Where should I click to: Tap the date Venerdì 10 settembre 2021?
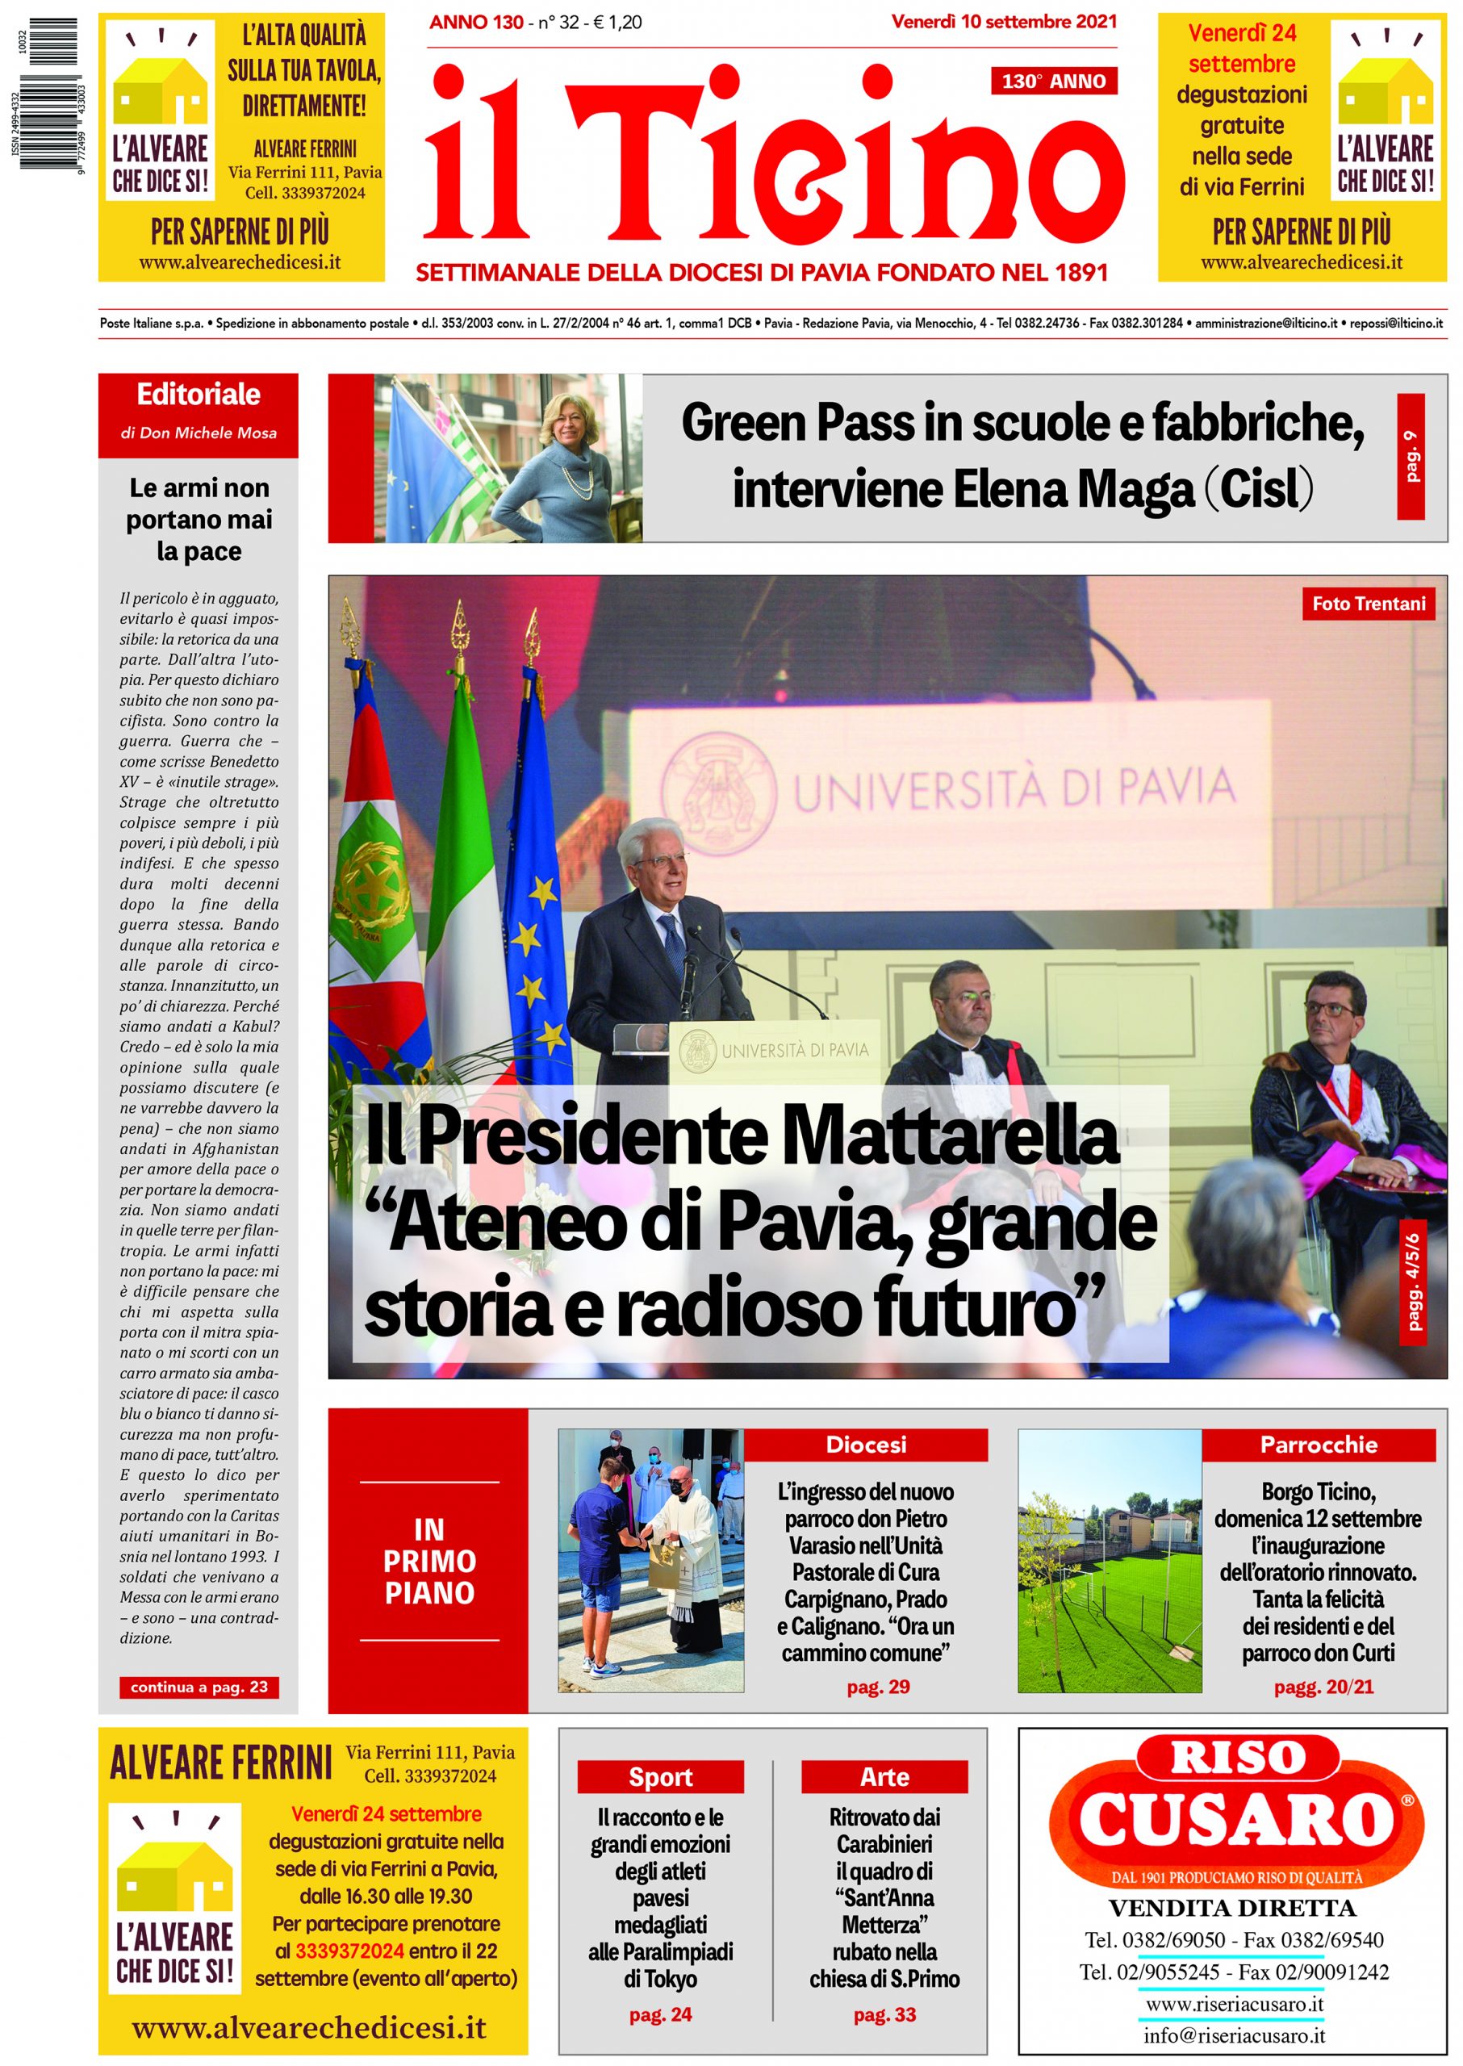pyautogui.click(x=1004, y=22)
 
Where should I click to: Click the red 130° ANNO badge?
pyautogui.click(x=1053, y=81)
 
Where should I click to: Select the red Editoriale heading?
pyautogui.click(x=199, y=395)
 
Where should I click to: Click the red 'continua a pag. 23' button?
pyautogui.click(x=199, y=1687)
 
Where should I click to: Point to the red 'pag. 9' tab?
pyautogui.click(x=1410, y=456)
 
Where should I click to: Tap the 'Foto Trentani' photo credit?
pyautogui.click(x=1368, y=604)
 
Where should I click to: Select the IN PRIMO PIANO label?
pyautogui.click(x=430, y=1561)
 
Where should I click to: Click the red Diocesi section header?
pyautogui.click(x=866, y=1445)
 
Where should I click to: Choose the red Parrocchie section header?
pyautogui.click(x=1318, y=1445)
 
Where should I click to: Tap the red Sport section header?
pyautogui.click(x=660, y=1776)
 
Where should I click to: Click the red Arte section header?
pyautogui.click(x=884, y=1776)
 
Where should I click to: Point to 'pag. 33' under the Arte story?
pyautogui.click(x=884, y=2014)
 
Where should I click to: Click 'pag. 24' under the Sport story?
pyautogui.click(x=660, y=2014)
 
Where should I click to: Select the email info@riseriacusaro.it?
pyautogui.click(x=1233, y=2035)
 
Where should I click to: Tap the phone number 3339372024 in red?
pyautogui.click(x=349, y=1951)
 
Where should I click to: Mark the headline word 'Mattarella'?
pyautogui.click(x=950, y=1135)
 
